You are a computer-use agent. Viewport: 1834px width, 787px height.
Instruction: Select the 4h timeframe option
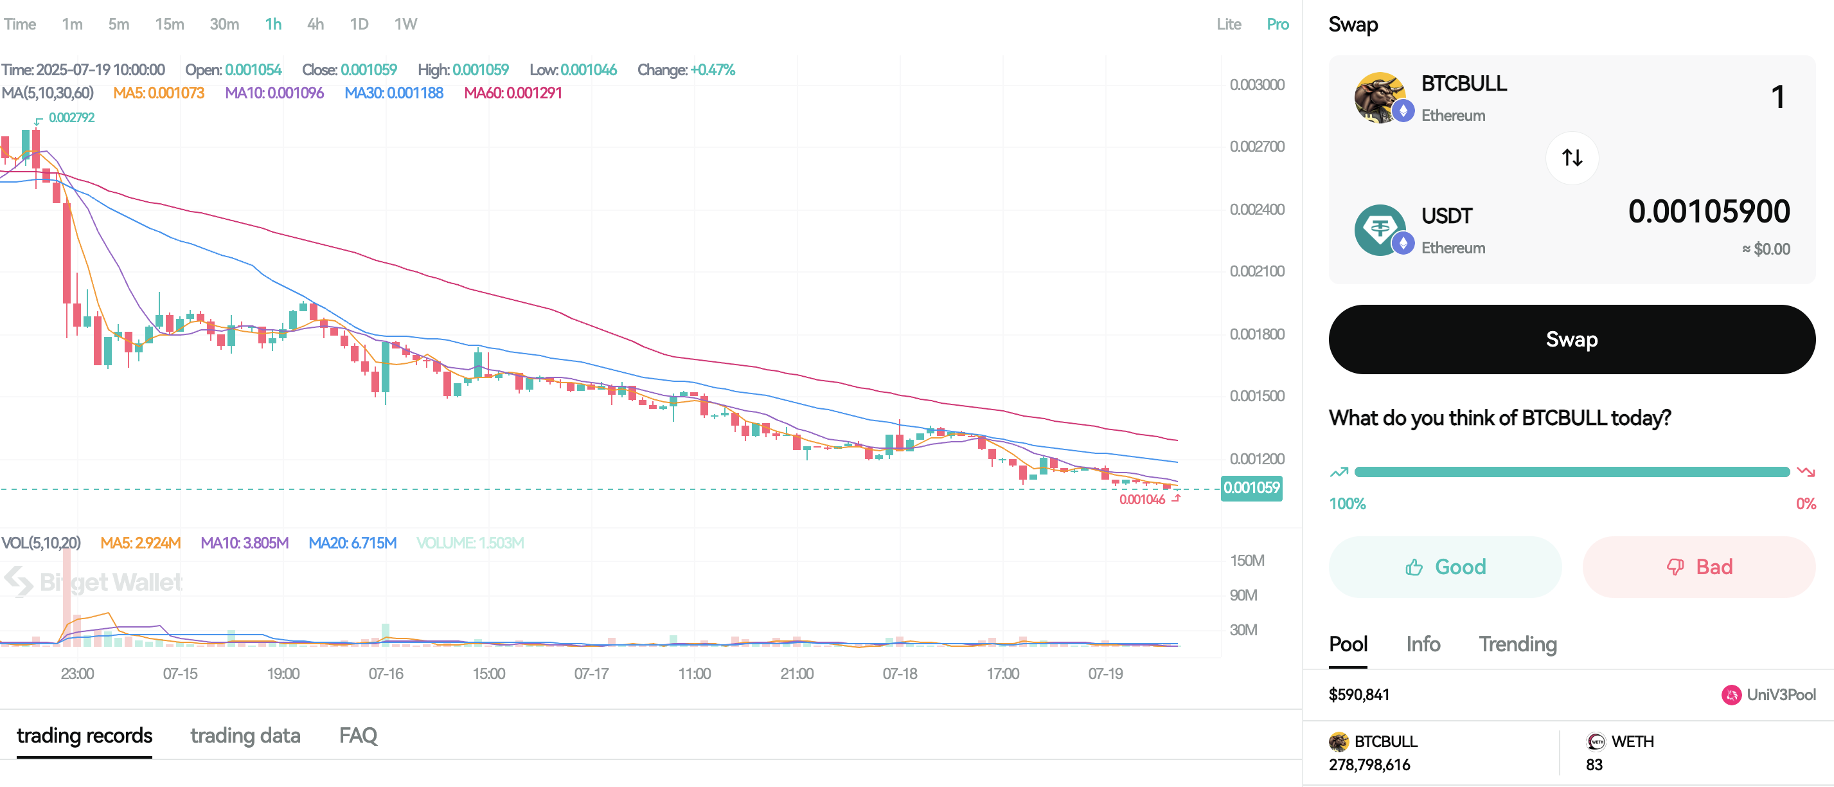tap(316, 24)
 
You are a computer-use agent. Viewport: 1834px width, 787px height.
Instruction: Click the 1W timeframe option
tap(406, 24)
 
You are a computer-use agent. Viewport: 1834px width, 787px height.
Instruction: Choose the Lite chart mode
tap(1228, 24)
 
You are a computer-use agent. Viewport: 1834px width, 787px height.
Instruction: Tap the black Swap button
tap(1571, 339)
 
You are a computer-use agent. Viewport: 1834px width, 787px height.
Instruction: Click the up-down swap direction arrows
tap(1571, 158)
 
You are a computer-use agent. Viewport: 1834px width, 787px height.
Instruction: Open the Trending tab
tap(1517, 644)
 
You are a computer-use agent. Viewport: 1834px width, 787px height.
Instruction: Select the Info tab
tap(1423, 644)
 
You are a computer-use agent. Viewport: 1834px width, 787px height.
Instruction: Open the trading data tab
tap(245, 735)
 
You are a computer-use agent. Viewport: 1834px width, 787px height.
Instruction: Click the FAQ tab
tap(358, 735)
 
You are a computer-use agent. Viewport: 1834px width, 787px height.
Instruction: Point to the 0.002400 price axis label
tap(1256, 210)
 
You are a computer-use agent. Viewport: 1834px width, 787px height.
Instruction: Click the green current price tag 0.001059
tap(1251, 488)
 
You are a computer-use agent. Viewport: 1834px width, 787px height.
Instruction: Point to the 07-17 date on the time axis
tap(591, 673)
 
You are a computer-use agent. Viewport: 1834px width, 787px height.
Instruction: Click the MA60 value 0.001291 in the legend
tap(513, 93)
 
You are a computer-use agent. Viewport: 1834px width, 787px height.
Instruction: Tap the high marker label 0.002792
tap(71, 118)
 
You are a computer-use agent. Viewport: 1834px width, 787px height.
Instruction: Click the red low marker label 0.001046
tap(1142, 499)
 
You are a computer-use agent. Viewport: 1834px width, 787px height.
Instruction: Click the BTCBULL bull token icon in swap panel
tap(1379, 97)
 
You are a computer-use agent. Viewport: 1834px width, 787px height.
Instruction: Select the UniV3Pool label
tap(1780, 694)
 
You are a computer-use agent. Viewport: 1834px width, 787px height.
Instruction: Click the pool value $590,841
tap(1358, 694)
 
